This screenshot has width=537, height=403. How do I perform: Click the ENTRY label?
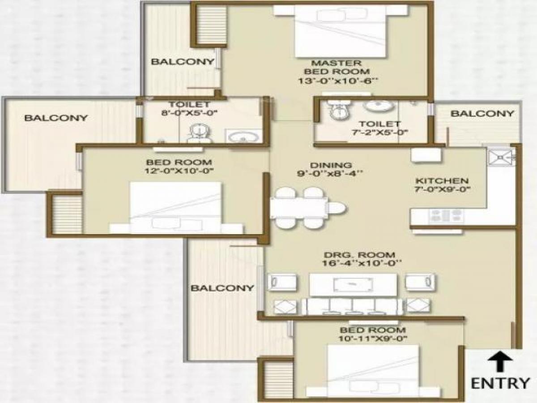[500, 383]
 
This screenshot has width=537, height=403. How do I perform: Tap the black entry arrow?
[500, 361]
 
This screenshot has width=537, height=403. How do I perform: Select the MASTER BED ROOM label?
[337, 67]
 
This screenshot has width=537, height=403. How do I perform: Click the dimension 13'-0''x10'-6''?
[337, 81]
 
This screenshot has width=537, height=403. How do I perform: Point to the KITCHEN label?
[442, 181]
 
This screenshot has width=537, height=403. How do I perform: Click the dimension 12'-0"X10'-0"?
[179, 171]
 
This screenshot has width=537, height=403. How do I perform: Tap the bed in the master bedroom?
[340, 32]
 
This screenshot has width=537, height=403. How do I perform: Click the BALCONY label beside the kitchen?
[482, 114]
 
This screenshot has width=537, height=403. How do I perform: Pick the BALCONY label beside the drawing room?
[222, 288]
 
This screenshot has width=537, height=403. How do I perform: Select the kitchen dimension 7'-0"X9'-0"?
[442, 189]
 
